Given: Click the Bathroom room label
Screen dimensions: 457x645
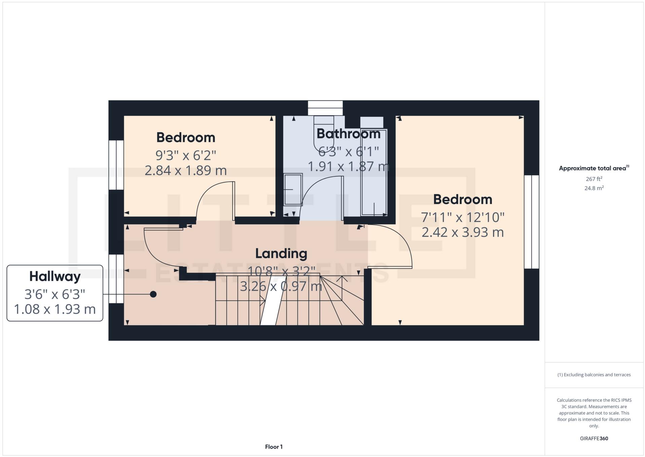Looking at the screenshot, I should coord(348,134).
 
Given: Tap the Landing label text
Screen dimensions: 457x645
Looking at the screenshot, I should coord(281,254).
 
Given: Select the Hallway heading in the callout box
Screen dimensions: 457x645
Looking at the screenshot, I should coord(55,276).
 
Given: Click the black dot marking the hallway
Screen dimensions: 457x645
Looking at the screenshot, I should coord(153,294).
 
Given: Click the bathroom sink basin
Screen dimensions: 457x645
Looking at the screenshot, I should coord(293,189).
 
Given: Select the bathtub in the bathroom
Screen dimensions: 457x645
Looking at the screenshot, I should coord(373,172).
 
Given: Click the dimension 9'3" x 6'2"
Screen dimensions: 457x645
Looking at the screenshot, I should coord(185,155).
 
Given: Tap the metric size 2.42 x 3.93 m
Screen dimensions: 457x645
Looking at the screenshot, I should coord(462,232).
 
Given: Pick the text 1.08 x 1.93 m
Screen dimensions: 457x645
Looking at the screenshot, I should coord(55,309).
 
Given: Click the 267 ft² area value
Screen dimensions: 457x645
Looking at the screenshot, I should coord(594,179).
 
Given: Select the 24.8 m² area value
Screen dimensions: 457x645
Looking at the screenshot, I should coord(594,188).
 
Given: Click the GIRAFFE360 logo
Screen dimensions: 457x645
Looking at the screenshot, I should coord(594,438).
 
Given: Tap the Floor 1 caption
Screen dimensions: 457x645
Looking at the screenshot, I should coord(274,447).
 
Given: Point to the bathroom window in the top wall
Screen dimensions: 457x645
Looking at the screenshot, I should coord(325,108).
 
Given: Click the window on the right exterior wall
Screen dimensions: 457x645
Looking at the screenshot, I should coord(532,222).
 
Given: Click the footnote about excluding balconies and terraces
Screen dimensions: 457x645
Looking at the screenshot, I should coord(594,375).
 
